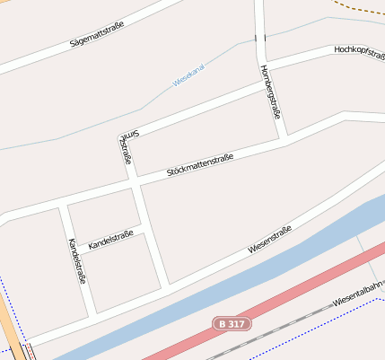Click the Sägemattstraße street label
(x=96, y=35)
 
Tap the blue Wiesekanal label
(x=189, y=79)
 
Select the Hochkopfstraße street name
(x=358, y=51)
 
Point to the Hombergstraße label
(x=270, y=92)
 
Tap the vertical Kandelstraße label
(x=76, y=261)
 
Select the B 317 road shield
(x=232, y=322)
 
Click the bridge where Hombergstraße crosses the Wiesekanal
(x=260, y=38)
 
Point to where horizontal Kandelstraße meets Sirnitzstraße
(x=144, y=224)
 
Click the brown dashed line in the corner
(x=359, y=6)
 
